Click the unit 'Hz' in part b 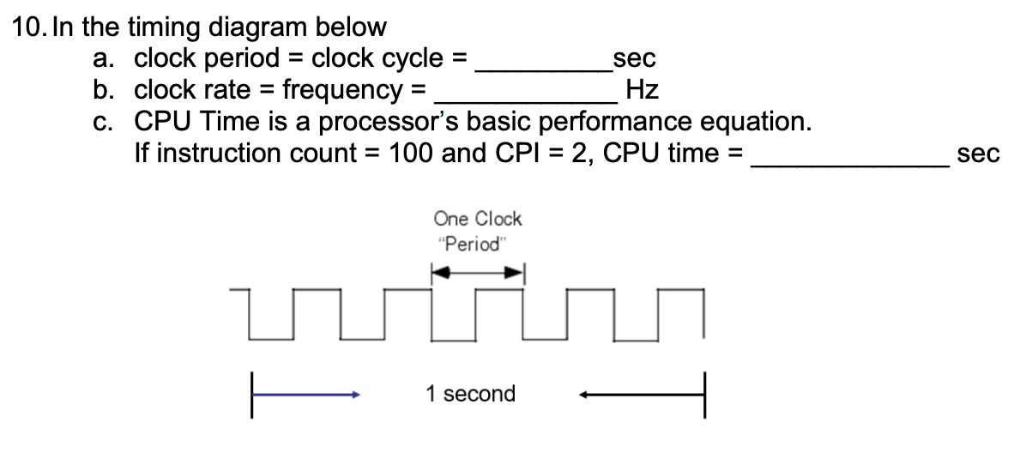coord(643,89)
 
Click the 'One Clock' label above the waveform coord(478,219)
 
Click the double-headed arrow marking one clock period coord(477,275)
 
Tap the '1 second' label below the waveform coord(471,395)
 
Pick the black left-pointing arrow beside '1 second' coord(639,396)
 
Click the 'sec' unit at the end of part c coord(979,154)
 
